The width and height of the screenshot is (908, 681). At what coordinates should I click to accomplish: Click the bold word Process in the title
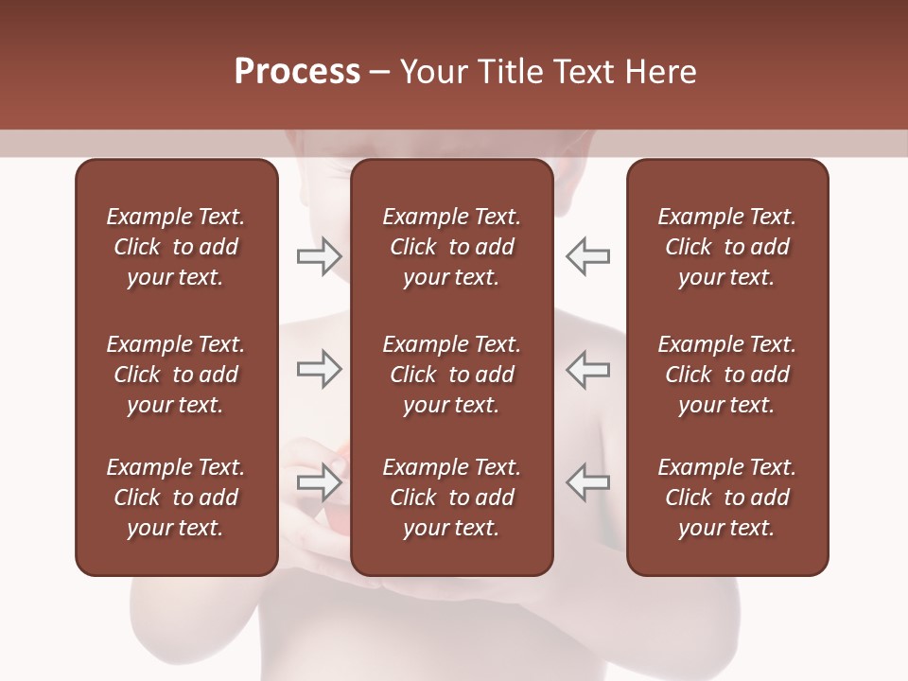297,72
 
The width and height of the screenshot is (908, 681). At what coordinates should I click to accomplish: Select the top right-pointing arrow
319,256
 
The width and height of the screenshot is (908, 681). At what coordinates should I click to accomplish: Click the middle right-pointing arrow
319,369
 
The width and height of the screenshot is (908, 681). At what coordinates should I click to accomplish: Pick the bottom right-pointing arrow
319,482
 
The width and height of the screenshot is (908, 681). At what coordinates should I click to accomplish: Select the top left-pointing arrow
587,256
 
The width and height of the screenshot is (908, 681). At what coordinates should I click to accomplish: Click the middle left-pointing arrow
587,369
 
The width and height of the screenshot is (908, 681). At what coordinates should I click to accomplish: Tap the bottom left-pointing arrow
587,482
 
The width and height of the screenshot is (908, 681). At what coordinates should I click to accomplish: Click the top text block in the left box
176,247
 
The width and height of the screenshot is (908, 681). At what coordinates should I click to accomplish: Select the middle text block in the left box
176,375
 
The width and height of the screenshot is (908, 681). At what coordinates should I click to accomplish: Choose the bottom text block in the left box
176,498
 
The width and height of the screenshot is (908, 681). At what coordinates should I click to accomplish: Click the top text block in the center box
451,247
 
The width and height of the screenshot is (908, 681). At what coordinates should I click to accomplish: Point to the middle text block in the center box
451,375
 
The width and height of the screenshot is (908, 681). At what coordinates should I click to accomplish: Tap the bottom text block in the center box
451,498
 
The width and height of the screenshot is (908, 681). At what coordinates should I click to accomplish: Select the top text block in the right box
726,247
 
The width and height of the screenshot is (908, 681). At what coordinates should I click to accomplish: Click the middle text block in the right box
726,375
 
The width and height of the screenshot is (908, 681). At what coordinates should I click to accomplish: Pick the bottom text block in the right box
726,498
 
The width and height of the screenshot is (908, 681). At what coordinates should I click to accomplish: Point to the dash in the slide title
380,73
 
